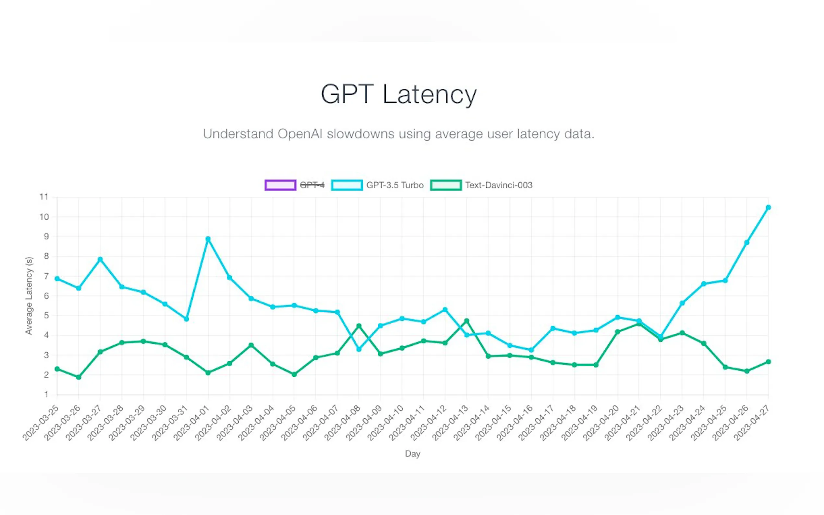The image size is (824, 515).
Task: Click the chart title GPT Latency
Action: [x=399, y=94]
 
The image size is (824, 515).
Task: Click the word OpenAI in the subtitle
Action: [x=300, y=134]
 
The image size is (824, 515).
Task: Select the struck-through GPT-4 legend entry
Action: [x=312, y=185]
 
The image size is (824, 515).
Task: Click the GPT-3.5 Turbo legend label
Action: [x=395, y=185]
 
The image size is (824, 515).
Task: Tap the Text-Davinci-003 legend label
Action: [x=499, y=185]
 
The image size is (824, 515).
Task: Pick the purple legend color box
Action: [x=280, y=185]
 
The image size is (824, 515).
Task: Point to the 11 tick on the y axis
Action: [x=44, y=197]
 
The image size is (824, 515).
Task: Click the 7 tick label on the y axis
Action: [x=46, y=276]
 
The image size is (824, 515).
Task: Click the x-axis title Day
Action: [x=412, y=454]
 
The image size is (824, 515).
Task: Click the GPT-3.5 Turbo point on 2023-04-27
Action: [x=768, y=208]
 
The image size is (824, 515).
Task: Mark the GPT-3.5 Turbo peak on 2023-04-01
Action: [x=208, y=239]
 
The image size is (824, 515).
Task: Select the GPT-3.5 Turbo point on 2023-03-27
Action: [x=100, y=259]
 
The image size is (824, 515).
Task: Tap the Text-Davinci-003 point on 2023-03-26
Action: [x=79, y=377]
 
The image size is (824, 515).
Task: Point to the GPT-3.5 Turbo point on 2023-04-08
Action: [x=359, y=350]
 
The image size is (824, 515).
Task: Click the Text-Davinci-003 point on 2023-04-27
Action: [x=768, y=362]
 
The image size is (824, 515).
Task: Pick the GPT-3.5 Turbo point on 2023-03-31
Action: [x=186, y=319]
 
